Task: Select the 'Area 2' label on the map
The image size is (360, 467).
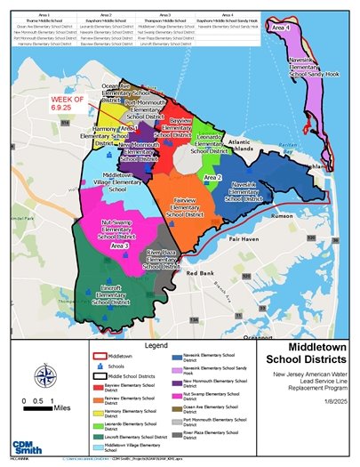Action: click(x=212, y=178)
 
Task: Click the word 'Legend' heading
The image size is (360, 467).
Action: click(x=156, y=343)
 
